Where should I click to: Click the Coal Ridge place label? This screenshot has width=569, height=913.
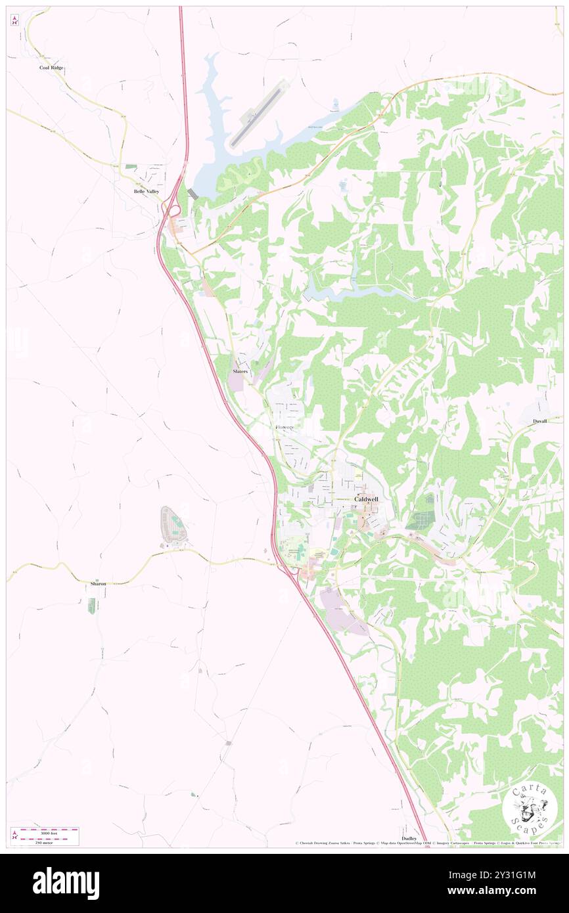[x=53, y=68]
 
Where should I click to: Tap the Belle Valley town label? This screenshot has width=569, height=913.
[x=147, y=191]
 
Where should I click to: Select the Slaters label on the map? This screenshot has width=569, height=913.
[x=240, y=372]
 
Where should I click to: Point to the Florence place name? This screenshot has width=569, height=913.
[x=284, y=428]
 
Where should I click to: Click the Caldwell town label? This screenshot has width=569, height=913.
[x=366, y=499]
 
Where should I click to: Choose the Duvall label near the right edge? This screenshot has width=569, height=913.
[x=540, y=420]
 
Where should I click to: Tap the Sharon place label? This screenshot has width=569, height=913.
[x=98, y=583]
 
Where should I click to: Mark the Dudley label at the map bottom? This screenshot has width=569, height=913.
[x=409, y=839]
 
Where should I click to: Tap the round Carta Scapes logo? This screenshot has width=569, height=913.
[x=530, y=809]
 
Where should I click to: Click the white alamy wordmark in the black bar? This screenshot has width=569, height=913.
[x=66, y=883]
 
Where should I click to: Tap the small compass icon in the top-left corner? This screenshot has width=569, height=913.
[x=14, y=20]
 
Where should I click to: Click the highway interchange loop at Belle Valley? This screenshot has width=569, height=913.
[x=174, y=210]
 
